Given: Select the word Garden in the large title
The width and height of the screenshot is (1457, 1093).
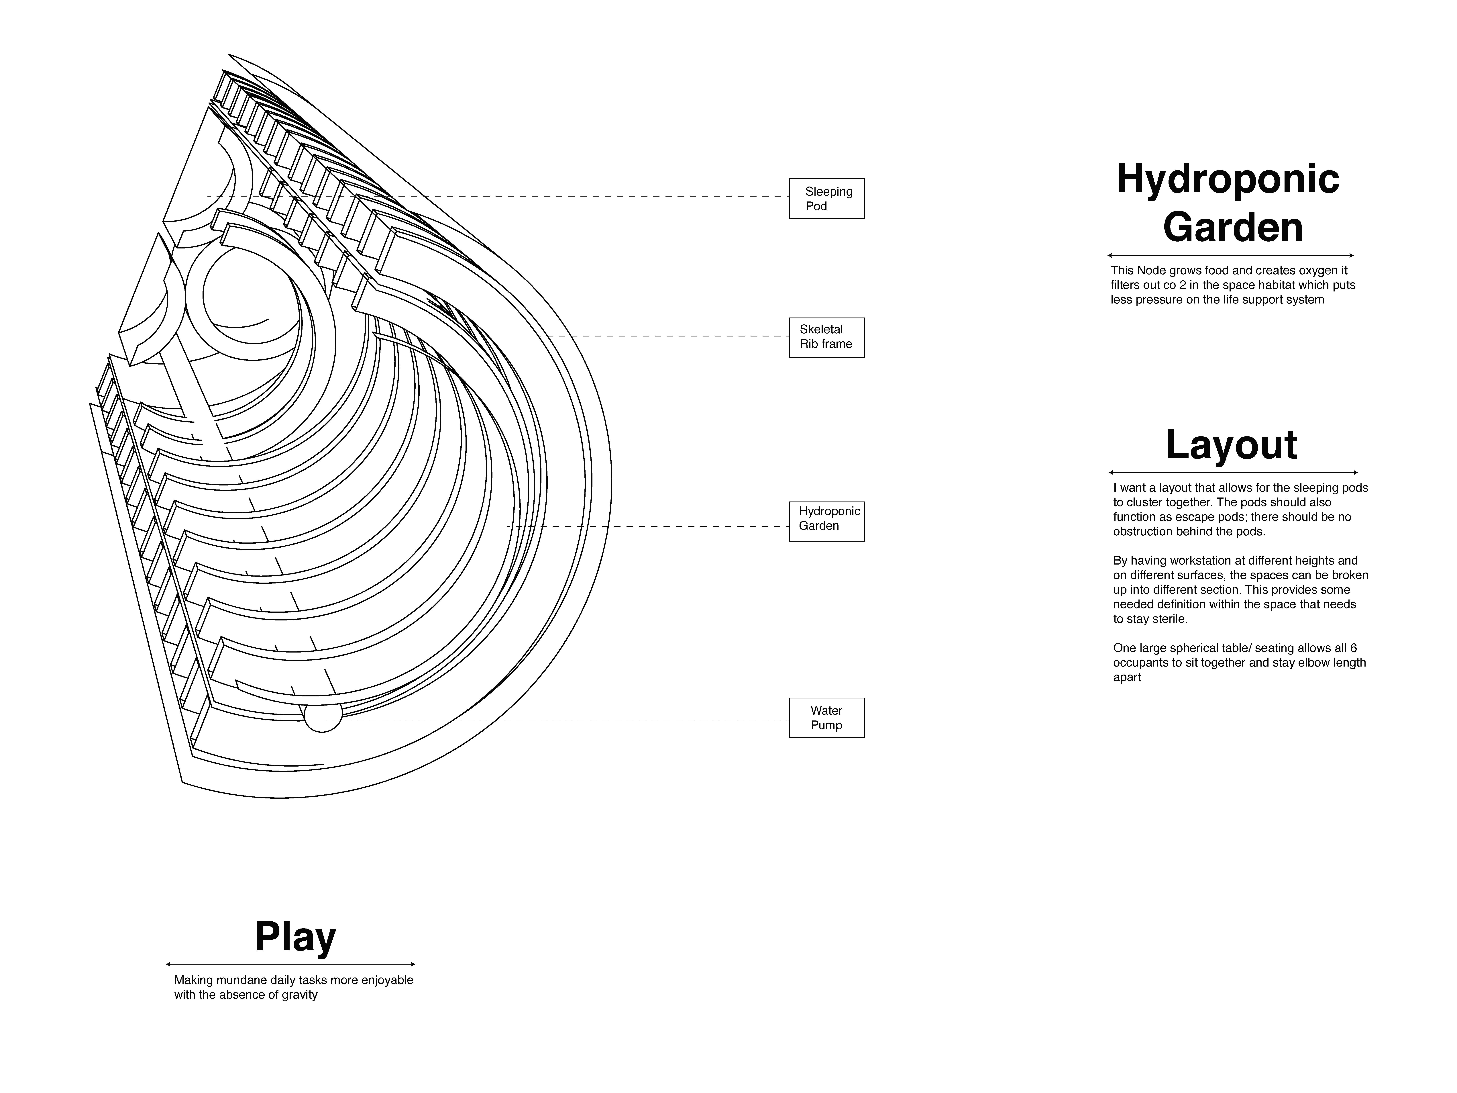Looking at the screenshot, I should pyautogui.click(x=1232, y=227).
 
